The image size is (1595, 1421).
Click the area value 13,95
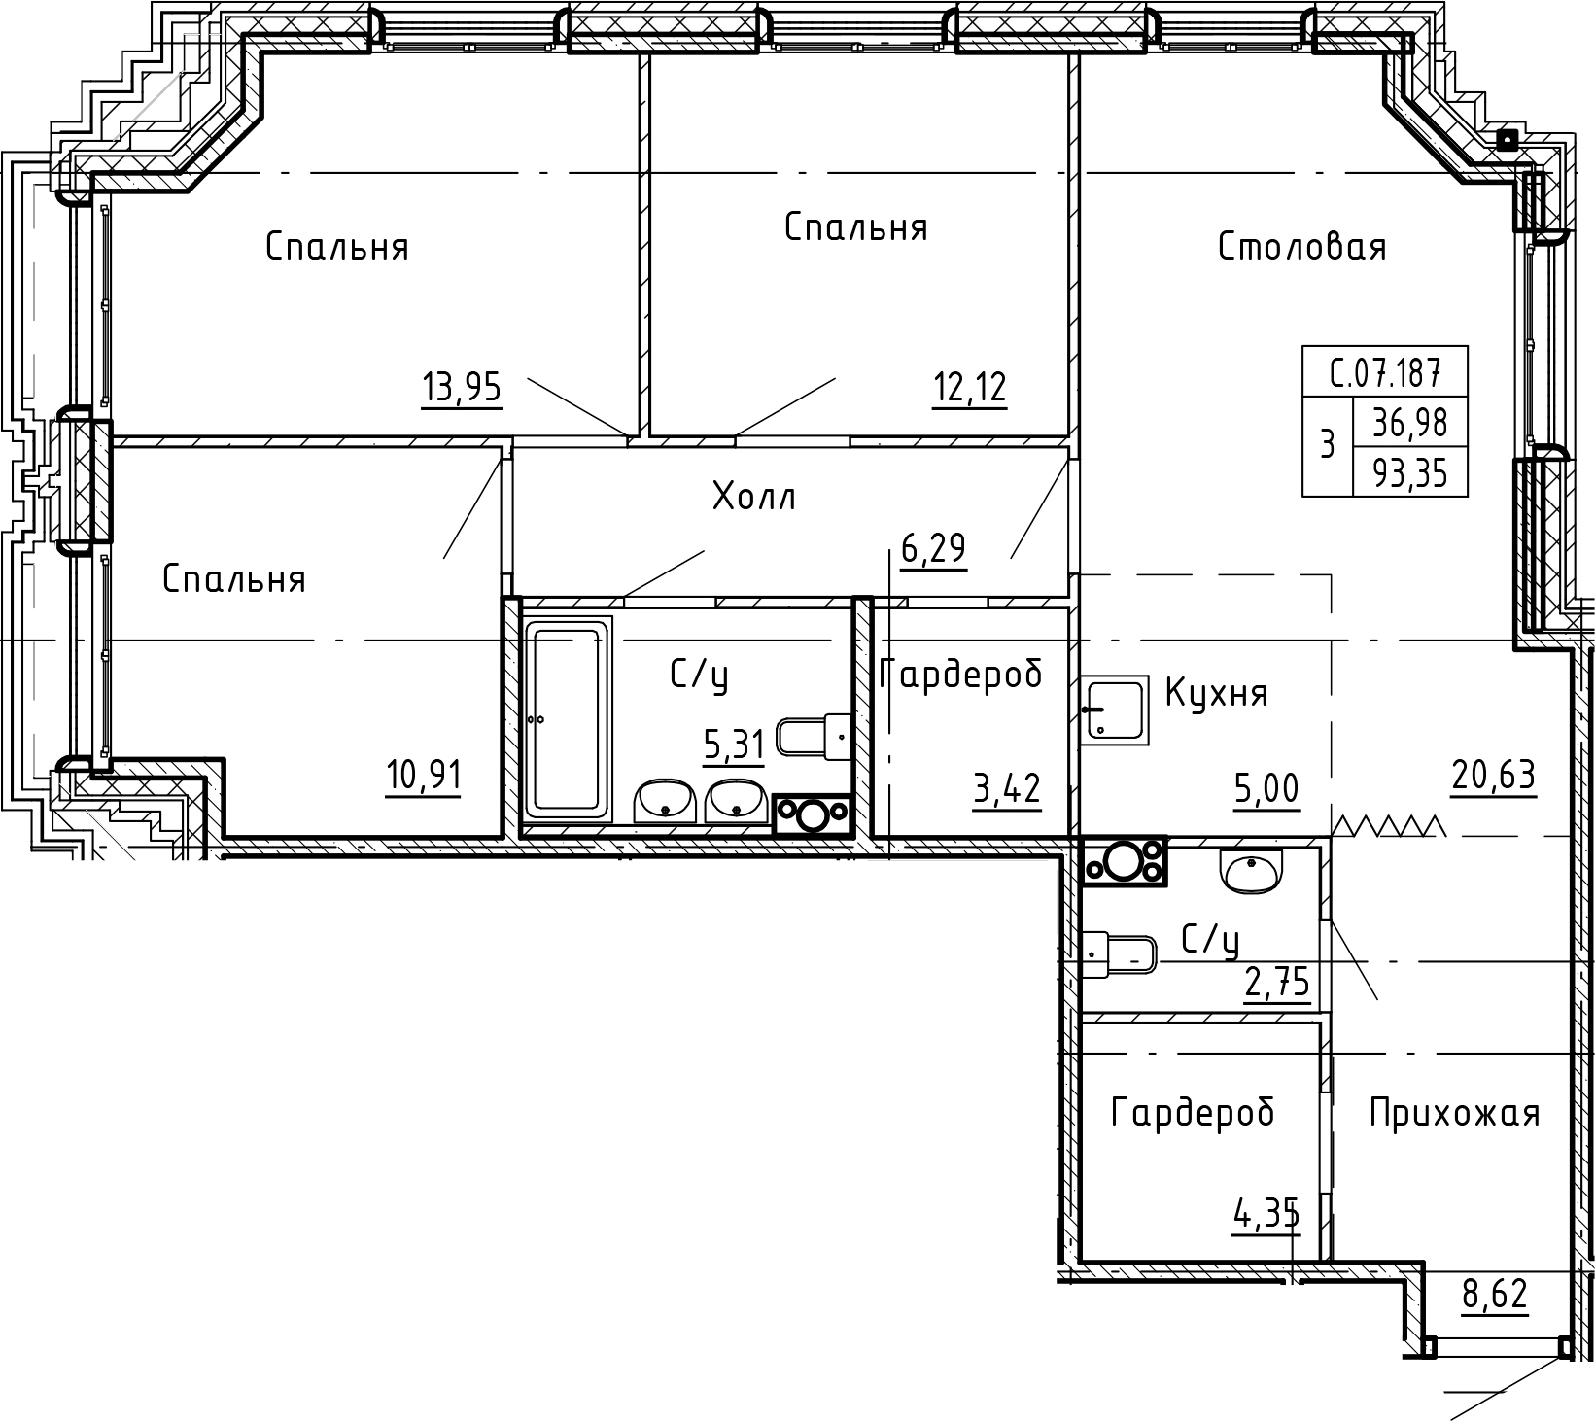click(x=462, y=388)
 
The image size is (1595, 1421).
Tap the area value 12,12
click(x=969, y=388)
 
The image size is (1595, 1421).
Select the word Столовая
click(x=1301, y=247)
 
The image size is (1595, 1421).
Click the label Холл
click(x=754, y=498)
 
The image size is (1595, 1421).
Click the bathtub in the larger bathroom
click(x=568, y=719)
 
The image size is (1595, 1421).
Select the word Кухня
click(x=1216, y=694)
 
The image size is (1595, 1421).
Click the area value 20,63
click(x=1493, y=775)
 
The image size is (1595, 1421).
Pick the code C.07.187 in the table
click(x=1384, y=371)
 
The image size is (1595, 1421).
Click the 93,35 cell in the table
click(x=1409, y=473)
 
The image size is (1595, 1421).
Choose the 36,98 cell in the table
click(x=1409, y=423)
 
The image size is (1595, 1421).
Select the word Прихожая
click(x=1454, y=1113)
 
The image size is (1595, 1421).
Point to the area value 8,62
click(x=1495, y=1295)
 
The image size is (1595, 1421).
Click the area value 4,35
click(x=1266, y=1214)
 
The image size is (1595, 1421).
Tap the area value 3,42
click(x=1007, y=788)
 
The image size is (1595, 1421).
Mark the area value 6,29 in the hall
click(x=933, y=549)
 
